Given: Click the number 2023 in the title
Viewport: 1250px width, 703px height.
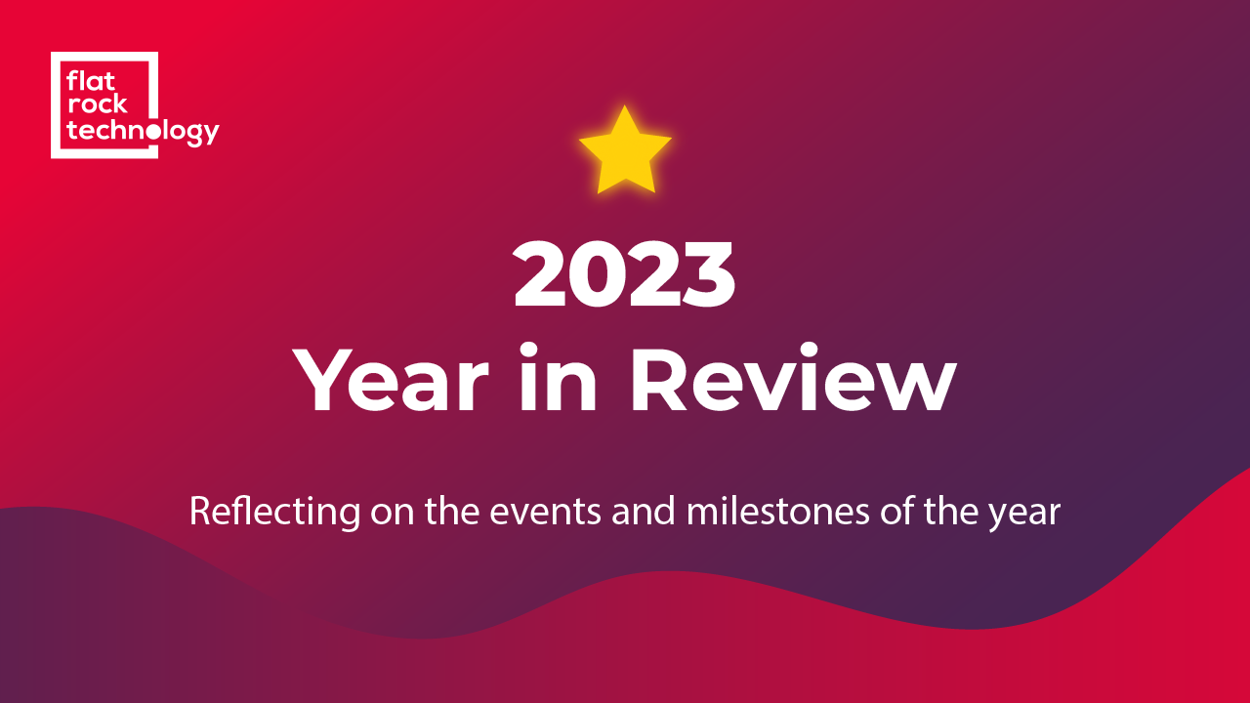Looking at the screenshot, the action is (624, 274).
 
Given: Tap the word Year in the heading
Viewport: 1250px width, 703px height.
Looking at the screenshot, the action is (391, 379).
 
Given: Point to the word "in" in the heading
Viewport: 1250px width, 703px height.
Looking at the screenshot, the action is (559, 378).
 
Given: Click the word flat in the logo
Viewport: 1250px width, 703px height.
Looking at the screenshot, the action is (91, 81).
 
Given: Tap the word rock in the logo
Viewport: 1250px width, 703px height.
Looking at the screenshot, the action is (97, 104).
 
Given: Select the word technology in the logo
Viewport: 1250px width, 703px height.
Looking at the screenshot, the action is (143, 133).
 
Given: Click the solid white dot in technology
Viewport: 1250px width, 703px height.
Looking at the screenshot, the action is (152, 132).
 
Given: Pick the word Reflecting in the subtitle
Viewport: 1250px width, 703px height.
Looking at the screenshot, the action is (275, 512).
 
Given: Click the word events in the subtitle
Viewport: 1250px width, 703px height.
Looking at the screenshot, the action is (545, 513).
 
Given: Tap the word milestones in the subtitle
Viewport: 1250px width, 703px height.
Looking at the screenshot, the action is (778, 511).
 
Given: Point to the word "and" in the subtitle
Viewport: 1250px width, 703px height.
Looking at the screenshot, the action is (644, 511).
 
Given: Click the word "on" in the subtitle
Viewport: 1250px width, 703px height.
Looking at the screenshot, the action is (393, 515).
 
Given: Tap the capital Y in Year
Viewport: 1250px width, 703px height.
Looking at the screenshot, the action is (322, 380).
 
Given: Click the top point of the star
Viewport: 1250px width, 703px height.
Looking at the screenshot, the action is (624, 106).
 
